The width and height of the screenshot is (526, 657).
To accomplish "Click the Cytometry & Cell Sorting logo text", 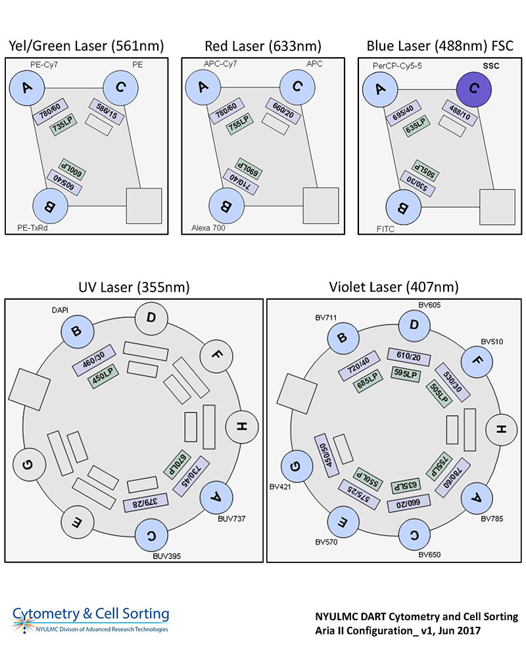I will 91,614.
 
